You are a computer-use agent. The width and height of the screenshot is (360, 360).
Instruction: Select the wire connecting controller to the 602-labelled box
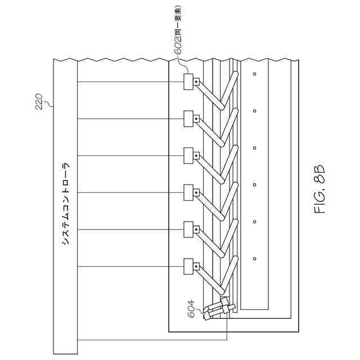click(x=129, y=82)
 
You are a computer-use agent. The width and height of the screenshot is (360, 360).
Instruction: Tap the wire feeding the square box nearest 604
click(x=129, y=265)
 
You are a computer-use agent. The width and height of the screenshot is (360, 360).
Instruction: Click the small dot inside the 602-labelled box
click(x=195, y=82)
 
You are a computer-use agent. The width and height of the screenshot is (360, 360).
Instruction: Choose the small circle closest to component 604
click(x=254, y=259)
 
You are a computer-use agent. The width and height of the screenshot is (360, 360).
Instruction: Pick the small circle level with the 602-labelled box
click(x=254, y=74)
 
